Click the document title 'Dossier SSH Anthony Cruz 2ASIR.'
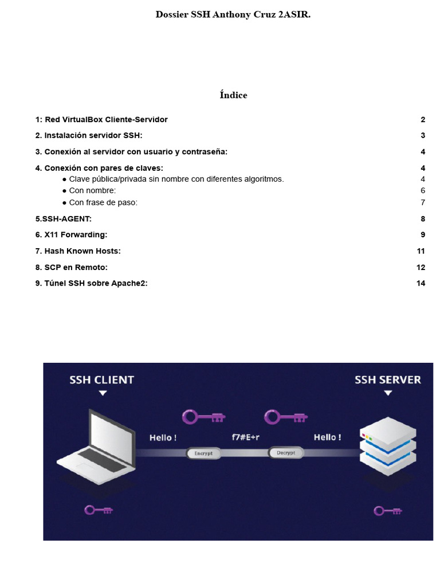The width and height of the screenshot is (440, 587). pyautogui.click(x=233, y=15)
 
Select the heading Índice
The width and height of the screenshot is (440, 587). pyautogui.click(x=233, y=95)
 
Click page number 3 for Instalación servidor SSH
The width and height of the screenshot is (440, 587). pyautogui.click(x=423, y=136)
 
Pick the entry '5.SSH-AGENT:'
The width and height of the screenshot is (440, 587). pyautogui.click(x=63, y=219)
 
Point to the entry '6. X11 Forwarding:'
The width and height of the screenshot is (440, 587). pyautogui.click(x=71, y=235)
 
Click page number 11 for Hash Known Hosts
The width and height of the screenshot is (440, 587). pyautogui.click(x=421, y=251)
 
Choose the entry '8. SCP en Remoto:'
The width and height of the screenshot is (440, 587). pyautogui.click(x=71, y=267)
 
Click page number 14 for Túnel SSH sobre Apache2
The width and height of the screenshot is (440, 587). pyautogui.click(x=421, y=283)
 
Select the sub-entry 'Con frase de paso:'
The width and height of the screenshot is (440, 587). pyautogui.click(x=103, y=202)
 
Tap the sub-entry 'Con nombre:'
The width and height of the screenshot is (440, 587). pyautogui.click(x=92, y=191)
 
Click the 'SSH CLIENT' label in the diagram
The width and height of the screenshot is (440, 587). pyautogui.click(x=101, y=379)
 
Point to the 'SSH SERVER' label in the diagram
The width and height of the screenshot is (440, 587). pyautogui.click(x=388, y=379)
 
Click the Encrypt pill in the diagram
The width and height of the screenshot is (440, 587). pyautogui.click(x=203, y=453)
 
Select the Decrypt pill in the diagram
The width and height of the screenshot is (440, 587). pyautogui.click(x=285, y=453)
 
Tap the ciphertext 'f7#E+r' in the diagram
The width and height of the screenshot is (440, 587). pyautogui.click(x=245, y=437)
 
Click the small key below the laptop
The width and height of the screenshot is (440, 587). pyautogui.click(x=98, y=510)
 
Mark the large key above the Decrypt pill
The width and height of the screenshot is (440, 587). pyautogui.click(x=285, y=417)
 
